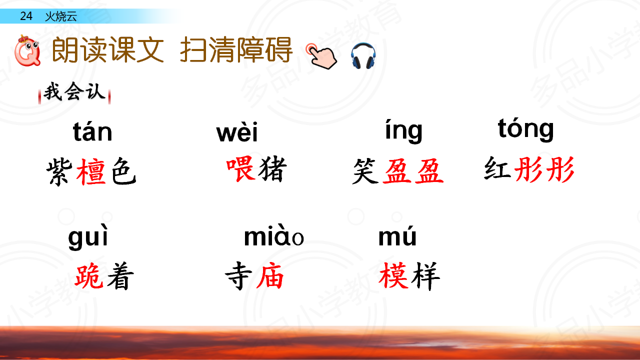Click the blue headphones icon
pos(363,55)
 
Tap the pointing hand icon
pos(321,56)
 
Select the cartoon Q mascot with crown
pos(27,50)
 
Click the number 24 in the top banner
pos(26,16)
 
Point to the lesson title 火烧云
pos(61,16)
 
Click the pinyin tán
pos(92,131)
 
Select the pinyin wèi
pos(237,132)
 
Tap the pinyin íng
pos(403,131)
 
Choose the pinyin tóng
pos(525,129)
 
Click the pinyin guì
pos(88,237)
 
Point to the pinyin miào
pos(273,236)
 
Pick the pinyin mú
pos(397,235)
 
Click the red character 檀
pos(91,171)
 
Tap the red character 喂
pos(240,168)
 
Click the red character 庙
pos(269,275)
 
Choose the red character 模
pos(393,275)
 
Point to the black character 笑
pos(365,171)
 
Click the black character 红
pos(497,168)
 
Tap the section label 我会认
pos(74,91)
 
